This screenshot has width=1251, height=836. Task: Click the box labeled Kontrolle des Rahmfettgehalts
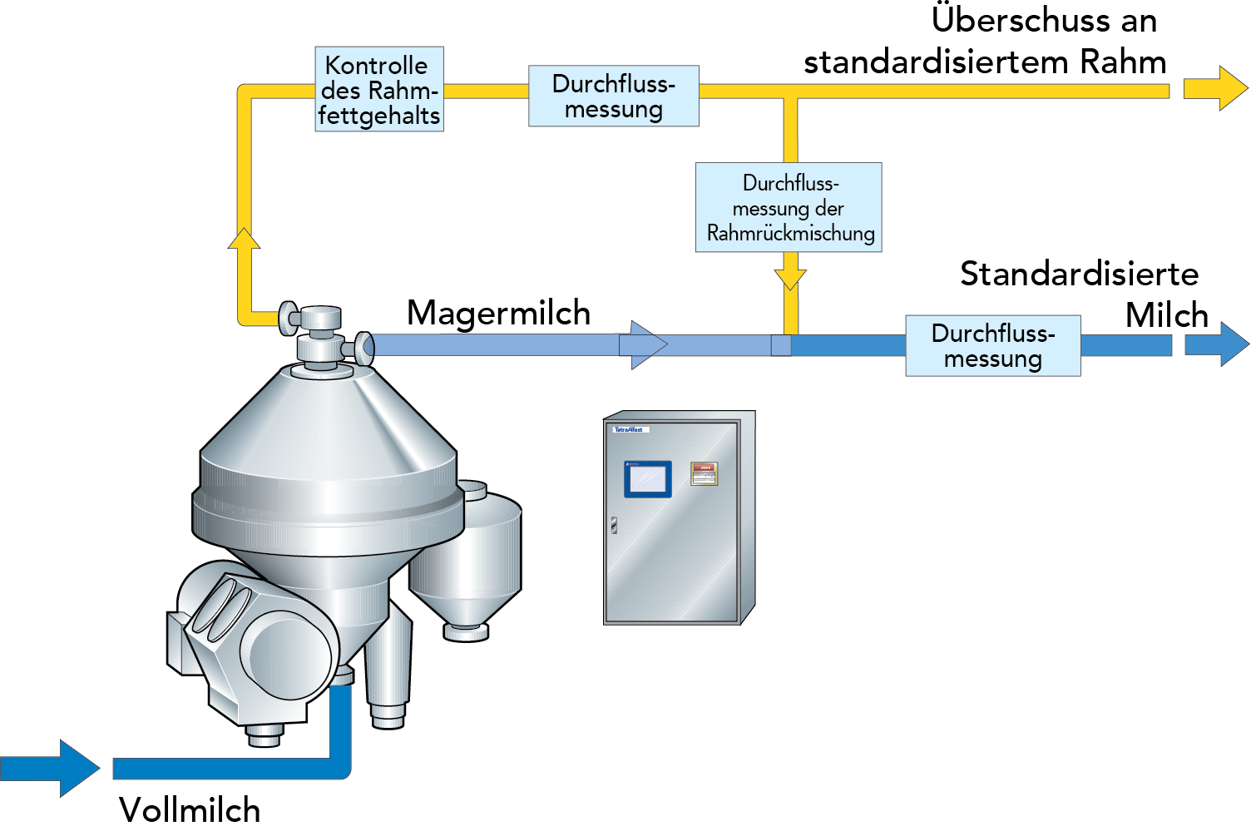(378, 89)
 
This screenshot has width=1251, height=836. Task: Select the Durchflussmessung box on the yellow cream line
(613, 96)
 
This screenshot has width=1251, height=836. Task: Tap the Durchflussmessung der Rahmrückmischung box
(789, 207)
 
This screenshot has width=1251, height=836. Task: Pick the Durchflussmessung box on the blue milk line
(992, 345)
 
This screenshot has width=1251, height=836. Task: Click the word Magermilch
(498, 313)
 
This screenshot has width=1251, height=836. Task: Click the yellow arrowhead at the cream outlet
(1216, 88)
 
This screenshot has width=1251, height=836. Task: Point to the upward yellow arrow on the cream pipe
(244, 239)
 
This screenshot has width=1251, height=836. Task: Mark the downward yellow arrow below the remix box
(789, 275)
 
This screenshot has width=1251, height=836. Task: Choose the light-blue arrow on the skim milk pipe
(643, 344)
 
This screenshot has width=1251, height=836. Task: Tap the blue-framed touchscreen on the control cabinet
(647, 478)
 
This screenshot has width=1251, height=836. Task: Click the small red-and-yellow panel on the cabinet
(705, 473)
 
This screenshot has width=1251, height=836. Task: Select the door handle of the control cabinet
(614, 525)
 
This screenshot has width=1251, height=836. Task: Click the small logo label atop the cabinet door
(630, 430)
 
